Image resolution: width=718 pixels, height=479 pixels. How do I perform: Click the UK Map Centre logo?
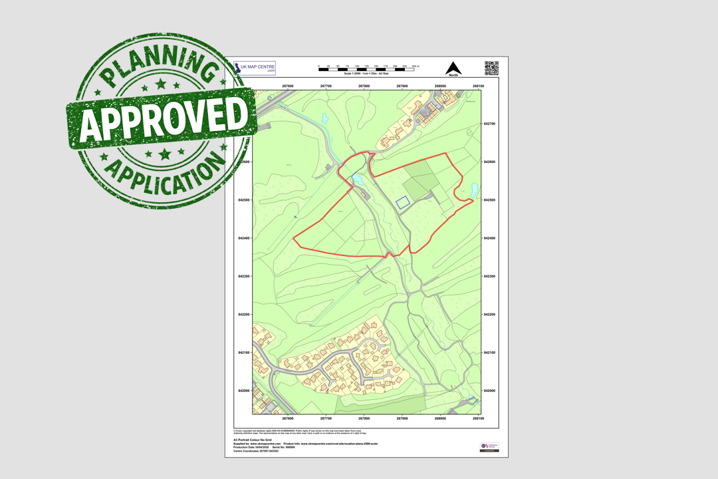pyautogui.click(x=255, y=68)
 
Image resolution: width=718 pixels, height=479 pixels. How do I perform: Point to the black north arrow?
pyautogui.click(x=453, y=69)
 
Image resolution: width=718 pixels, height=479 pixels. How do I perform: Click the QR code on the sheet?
pyautogui.click(x=491, y=68)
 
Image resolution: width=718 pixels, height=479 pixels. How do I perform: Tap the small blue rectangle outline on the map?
pyautogui.click(x=402, y=202)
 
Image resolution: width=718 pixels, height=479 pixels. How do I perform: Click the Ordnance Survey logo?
pyautogui.click(x=489, y=447)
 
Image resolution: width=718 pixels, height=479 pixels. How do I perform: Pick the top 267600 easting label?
pyautogui.click(x=288, y=86)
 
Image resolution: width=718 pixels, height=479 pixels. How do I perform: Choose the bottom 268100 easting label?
pyautogui.click(x=478, y=418)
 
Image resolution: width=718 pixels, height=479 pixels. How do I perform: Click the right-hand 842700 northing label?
pyautogui.click(x=490, y=124)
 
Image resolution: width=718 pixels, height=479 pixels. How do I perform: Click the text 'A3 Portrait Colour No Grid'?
pyautogui.click(x=253, y=440)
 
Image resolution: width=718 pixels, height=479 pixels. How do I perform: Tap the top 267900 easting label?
pyautogui.click(x=402, y=86)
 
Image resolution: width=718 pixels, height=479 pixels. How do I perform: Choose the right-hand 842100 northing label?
pyautogui.click(x=490, y=353)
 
